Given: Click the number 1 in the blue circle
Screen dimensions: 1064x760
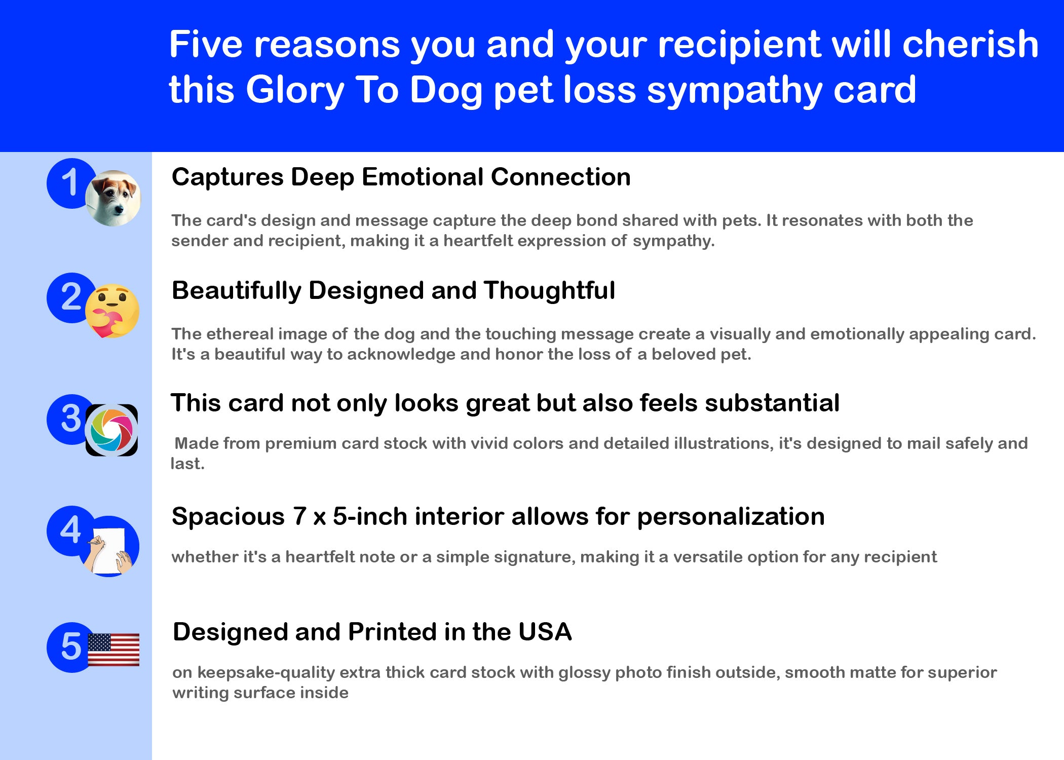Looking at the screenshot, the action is pos(69,182).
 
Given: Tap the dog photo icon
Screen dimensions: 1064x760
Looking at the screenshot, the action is pos(113,198).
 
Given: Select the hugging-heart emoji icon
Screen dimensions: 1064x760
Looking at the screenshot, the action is pos(112,311).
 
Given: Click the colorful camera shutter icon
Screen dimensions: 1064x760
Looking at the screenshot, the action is pos(111,430).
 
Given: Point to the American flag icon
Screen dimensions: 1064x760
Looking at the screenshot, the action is pos(113,650).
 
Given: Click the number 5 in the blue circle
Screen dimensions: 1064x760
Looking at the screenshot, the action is pos(71,647).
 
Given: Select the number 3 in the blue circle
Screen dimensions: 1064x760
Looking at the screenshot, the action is pos(71,419).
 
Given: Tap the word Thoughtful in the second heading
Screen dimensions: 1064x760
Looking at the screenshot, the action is pos(549,290).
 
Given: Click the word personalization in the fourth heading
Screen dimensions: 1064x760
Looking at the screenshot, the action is pos(731,517).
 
